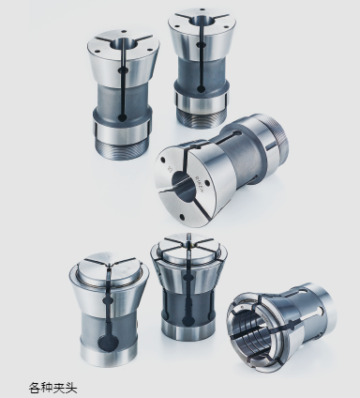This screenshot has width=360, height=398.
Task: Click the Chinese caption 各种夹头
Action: (52, 388)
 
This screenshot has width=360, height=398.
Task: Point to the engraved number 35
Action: (170, 170)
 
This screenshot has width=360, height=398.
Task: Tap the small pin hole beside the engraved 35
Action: (163, 161)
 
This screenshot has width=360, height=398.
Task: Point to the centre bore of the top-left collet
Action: (125, 43)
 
